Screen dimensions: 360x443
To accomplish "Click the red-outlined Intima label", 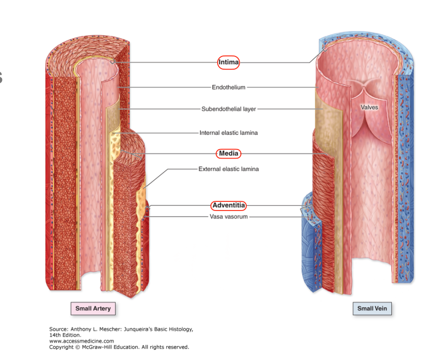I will (x=228, y=62).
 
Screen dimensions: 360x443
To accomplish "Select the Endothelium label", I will (x=228, y=87).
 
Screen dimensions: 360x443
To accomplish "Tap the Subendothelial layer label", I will (x=228, y=109).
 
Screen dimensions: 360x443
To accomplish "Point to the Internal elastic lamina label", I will (x=228, y=133).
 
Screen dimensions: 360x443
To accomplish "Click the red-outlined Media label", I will (x=228, y=154).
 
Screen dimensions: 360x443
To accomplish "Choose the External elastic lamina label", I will (x=228, y=169).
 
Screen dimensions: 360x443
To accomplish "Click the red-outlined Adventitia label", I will (x=228, y=205).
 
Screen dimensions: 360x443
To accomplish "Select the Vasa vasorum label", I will (x=228, y=217).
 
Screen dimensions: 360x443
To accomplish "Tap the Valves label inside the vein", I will (x=369, y=107).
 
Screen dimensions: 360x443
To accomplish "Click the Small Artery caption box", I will (x=93, y=308).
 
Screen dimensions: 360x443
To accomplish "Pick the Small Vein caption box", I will (x=372, y=308).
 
